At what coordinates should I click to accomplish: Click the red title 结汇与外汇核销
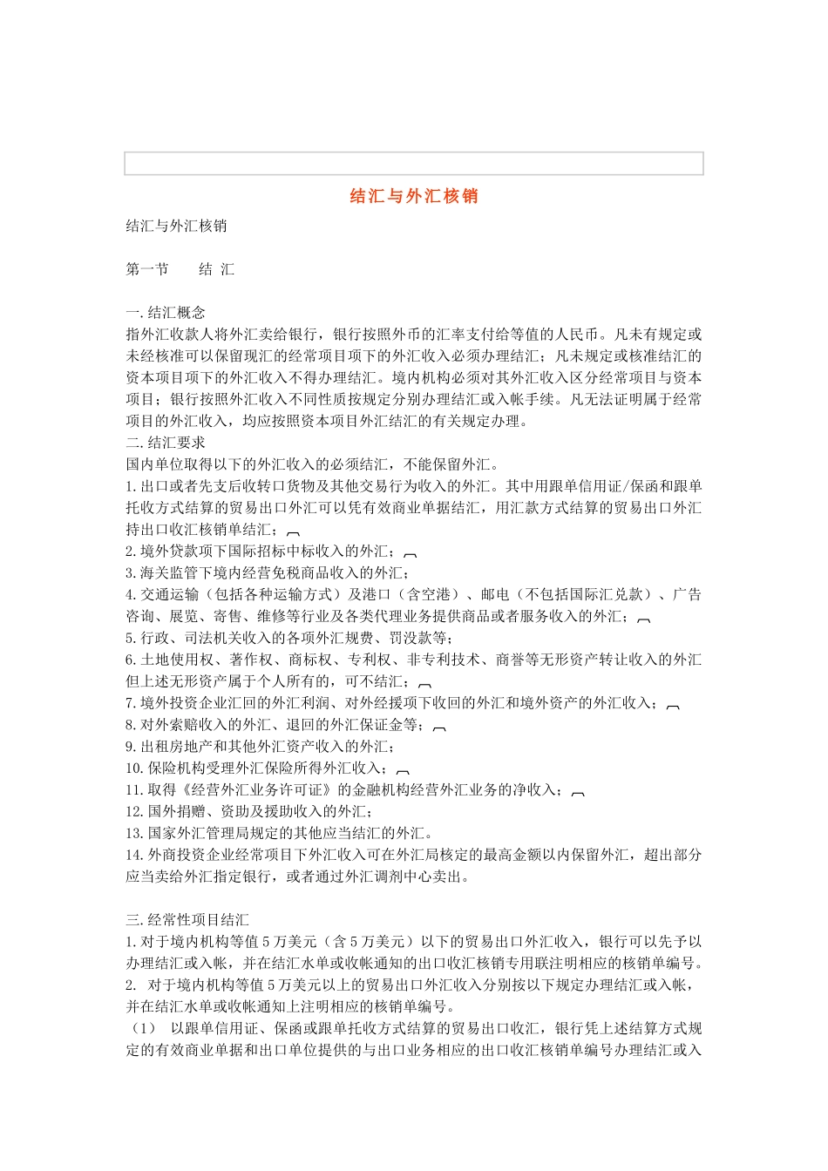(x=414, y=196)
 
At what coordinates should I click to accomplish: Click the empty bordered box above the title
(x=414, y=164)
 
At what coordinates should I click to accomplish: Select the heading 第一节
(x=147, y=269)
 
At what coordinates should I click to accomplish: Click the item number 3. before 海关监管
(x=132, y=572)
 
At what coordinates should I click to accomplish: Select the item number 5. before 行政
(x=132, y=638)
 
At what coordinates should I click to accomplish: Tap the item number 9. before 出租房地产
(x=132, y=747)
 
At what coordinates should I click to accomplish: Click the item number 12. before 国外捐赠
(x=134, y=811)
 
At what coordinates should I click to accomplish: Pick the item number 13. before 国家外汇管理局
(x=134, y=833)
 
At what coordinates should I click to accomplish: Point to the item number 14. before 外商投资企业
(x=134, y=855)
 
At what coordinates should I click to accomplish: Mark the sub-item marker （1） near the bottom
(x=142, y=1028)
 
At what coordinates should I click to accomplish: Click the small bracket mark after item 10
(x=404, y=771)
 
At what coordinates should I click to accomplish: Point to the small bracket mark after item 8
(x=439, y=728)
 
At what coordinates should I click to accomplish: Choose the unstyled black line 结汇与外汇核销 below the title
(x=176, y=226)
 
